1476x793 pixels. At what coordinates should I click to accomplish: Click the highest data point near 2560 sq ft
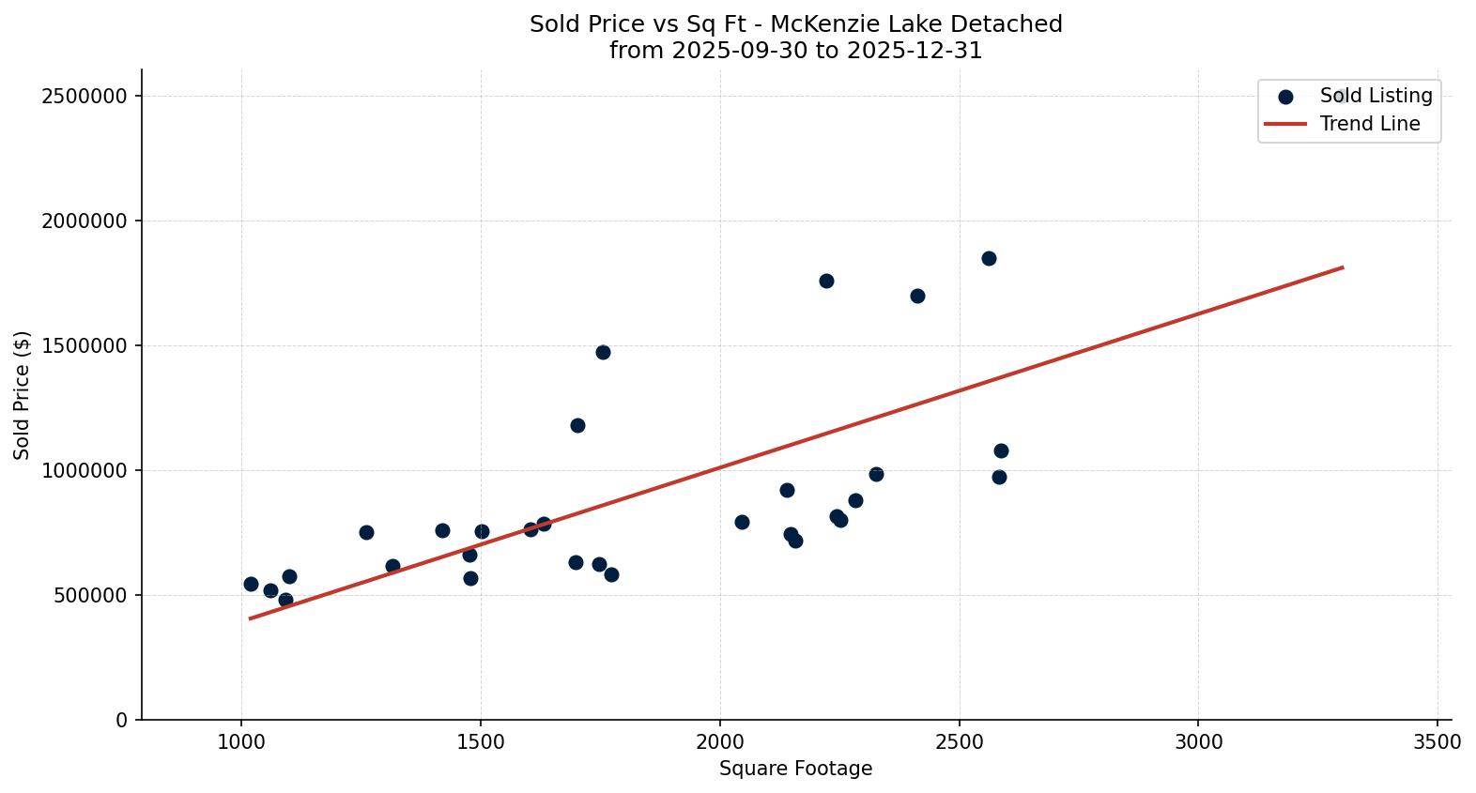989,258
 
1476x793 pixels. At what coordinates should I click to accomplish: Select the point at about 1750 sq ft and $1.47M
603,352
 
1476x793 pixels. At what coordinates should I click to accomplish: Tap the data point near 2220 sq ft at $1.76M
826,281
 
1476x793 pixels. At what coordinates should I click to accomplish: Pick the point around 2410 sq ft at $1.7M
917,296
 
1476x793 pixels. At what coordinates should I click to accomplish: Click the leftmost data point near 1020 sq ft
251,584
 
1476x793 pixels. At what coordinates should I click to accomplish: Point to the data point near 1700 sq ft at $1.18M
577,425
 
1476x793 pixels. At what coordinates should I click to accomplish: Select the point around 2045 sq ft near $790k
742,522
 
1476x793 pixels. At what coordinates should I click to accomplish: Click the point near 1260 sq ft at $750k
366,532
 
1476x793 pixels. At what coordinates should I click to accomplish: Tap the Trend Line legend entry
1369,124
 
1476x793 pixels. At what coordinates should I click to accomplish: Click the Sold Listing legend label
1376,96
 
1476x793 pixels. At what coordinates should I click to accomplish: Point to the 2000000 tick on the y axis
85,221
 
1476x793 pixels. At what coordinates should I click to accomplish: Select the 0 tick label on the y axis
122,720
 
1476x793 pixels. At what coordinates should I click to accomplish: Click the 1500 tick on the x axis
481,741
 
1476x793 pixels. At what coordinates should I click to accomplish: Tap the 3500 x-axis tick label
1437,741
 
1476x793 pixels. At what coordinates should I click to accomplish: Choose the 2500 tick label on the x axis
959,741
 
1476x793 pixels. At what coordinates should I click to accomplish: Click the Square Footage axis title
795,769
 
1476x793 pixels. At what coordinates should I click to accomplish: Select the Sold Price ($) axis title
23,394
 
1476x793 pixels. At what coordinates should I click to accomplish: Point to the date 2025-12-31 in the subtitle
914,51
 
